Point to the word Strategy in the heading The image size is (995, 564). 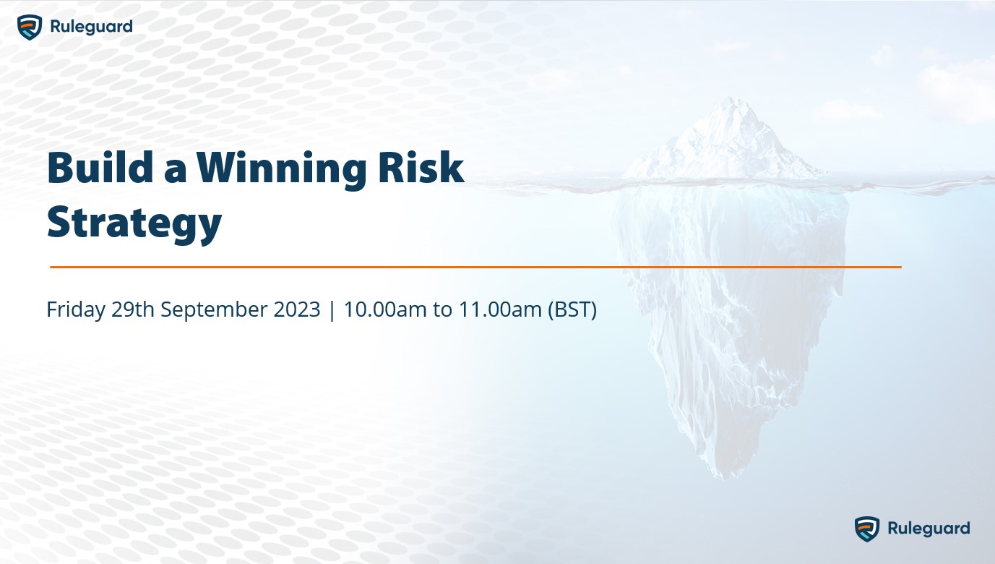tap(134, 223)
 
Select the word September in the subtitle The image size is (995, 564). tap(215, 309)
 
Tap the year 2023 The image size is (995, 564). tap(297, 309)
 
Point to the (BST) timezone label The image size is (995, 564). tap(572, 309)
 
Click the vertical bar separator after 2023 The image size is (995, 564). tap(332, 309)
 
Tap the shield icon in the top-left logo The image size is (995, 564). tap(30, 27)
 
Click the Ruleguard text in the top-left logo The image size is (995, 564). tap(91, 27)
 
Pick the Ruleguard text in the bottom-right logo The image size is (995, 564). tap(929, 529)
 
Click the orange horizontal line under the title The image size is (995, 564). tap(475, 267)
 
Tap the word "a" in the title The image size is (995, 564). tap(174, 171)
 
